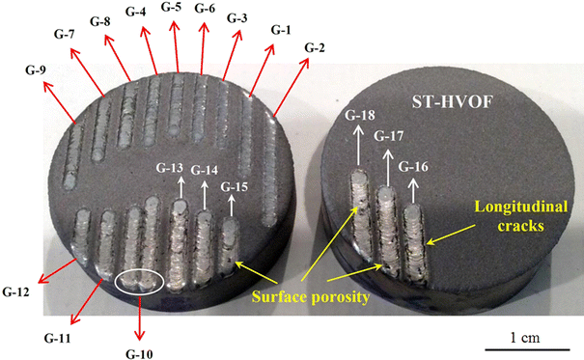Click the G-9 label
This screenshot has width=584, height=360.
point(42,70)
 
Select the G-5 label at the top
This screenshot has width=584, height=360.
point(173,8)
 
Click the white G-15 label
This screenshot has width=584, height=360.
point(235,185)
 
